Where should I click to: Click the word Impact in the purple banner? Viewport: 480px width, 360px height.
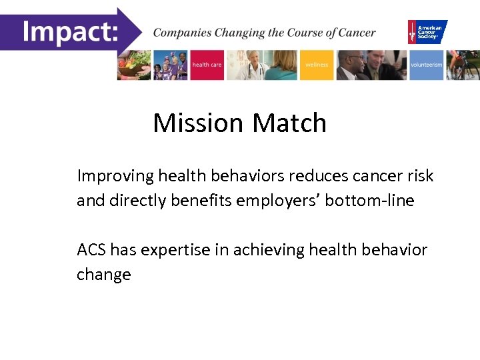pos(69,30)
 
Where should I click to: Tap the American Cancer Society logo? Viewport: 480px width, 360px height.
pos(427,31)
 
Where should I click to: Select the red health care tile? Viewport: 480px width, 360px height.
pos(207,65)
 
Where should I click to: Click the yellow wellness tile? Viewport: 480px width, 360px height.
pos(316,65)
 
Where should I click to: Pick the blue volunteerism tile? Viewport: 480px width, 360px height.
pos(426,65)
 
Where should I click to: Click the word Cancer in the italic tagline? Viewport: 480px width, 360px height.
pos(356,33)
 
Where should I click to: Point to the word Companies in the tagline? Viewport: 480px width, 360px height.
pos(181,33)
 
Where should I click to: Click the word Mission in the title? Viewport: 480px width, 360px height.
pos(198,123)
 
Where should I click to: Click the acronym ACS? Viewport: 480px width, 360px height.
pos(91,250)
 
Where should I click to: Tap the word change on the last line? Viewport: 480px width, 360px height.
pos(104,275)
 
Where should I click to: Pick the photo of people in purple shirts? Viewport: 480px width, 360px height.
pos(171,65)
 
